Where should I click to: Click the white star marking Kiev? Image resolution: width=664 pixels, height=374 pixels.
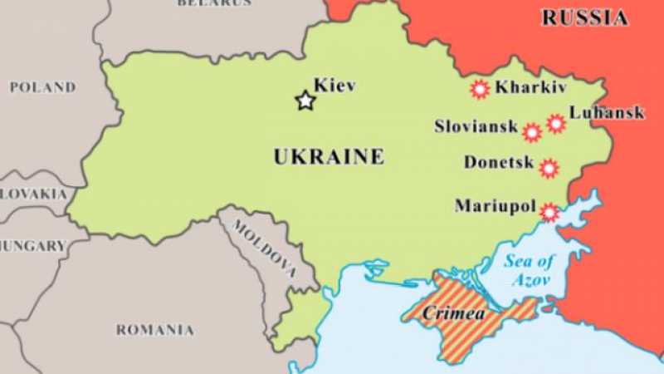click(305, 101)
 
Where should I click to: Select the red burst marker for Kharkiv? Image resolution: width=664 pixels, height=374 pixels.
click(479, 89)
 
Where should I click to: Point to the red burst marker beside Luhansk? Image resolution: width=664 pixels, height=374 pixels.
click(555, 124)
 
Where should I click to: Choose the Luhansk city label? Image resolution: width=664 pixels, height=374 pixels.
click(607, 112)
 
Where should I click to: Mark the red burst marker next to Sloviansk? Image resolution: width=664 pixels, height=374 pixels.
click(532, 131)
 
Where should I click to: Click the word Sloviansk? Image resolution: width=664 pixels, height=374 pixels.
click(476, 127)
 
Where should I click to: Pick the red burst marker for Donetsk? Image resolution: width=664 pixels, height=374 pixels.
click(549, 169)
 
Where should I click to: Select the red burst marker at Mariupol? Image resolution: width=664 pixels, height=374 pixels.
click(549, 212)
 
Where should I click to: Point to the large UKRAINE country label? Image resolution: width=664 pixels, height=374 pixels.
click(329, 156)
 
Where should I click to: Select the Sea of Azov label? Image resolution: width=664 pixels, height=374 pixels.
click(529, 270)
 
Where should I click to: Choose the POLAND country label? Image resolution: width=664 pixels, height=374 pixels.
click(42, 87)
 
